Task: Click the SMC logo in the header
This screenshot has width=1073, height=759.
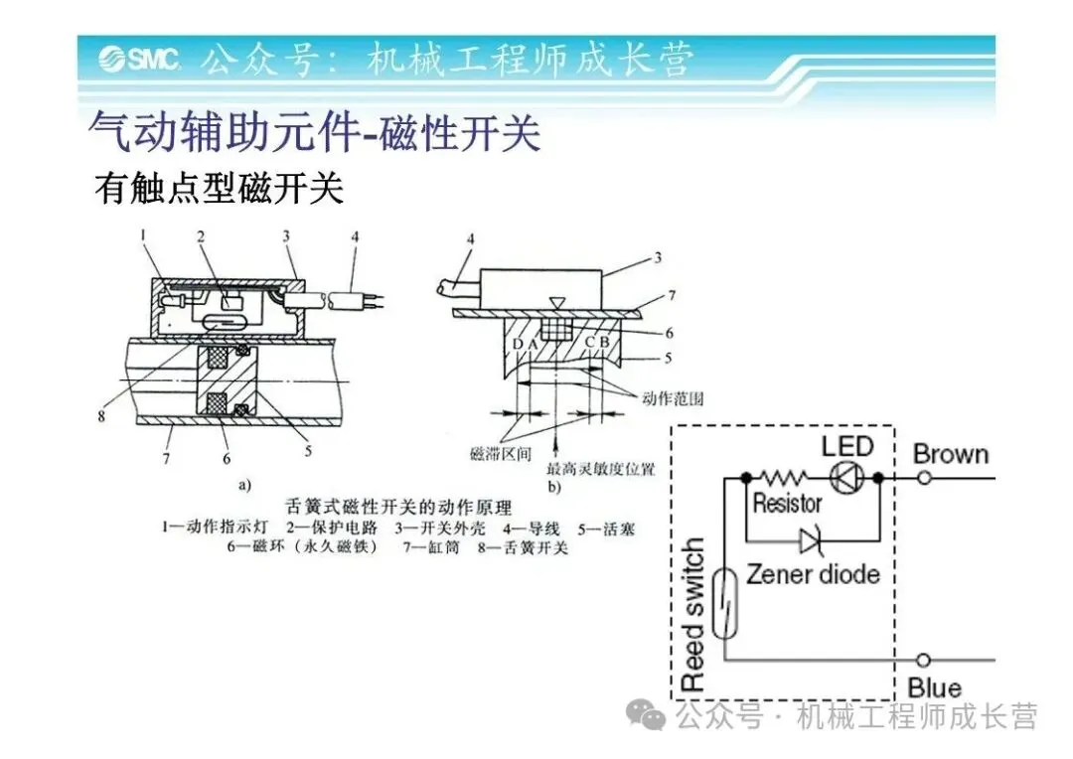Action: [x=139, y=61]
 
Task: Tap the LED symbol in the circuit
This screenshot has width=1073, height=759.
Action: [x=846, y=478]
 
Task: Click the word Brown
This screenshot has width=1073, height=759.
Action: [x=951, y=454]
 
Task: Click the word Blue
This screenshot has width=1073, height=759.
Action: [x=934, y=687]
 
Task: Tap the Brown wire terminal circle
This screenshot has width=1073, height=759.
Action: [x=923, y=478]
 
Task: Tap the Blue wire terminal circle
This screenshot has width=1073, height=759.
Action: [x=923, y=659]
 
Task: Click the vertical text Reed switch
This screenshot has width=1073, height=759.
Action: [x=692, y=616]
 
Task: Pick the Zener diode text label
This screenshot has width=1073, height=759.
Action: [x=813, y=574]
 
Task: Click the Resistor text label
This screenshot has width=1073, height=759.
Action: [x=787, y=504]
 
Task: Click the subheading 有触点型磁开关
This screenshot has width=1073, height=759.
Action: [x=219, y=187]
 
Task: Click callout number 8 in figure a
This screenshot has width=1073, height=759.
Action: [x=100, y=416]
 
